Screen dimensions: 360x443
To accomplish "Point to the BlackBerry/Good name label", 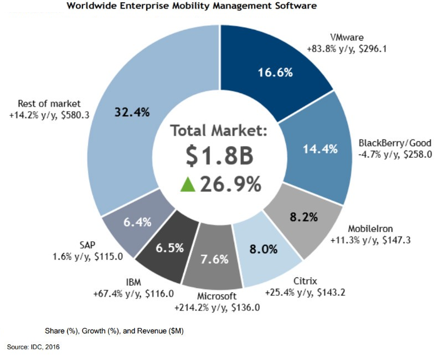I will pos(388,143).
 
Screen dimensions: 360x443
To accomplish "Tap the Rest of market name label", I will pos(49,104).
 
